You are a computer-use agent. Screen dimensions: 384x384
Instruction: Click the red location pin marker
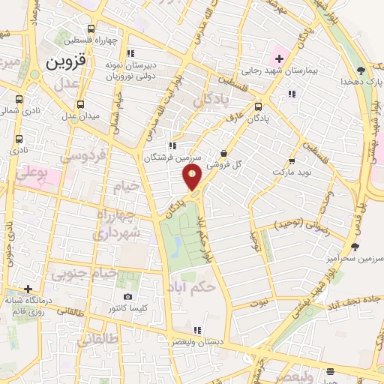[192, 178]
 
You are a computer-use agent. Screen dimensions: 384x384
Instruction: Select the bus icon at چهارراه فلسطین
[91, 28]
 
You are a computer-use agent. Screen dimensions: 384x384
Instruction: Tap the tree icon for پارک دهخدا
[361, 70]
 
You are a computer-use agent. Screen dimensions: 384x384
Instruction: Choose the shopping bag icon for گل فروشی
[223, 154]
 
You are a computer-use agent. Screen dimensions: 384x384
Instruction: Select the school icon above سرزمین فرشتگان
[172, 145]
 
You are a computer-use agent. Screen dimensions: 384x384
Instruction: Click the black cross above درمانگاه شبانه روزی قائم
[28, 289]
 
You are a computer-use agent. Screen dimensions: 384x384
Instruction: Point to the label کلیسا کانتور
[128, 308]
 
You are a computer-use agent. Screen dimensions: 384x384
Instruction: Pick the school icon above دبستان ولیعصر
[197, 329]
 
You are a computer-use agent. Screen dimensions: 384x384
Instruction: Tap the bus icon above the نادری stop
[19, 139]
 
